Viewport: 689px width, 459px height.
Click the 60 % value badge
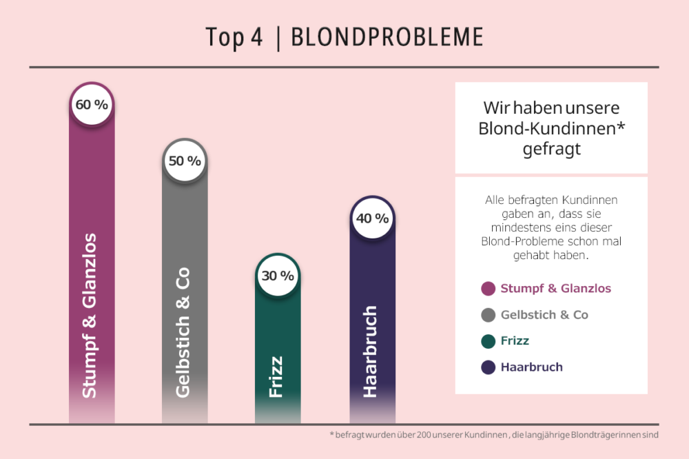pos(92,105)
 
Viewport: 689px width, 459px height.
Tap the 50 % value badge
pos(185,161)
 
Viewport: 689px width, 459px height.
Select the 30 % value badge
pos(278,276)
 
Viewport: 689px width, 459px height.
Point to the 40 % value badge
pos(372,218)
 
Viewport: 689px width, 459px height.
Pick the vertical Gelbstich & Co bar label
pos(183,331)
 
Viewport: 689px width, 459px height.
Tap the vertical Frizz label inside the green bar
pos(276,376)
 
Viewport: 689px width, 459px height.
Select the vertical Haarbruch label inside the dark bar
pos(370,351)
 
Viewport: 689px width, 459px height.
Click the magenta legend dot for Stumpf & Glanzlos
pos(489,289)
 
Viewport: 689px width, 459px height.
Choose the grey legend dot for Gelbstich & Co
pos(489,315)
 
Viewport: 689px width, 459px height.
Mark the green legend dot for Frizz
pos(489,341)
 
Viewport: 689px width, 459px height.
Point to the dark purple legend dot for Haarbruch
pos(489,367)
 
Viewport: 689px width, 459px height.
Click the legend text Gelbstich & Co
pos(544,315)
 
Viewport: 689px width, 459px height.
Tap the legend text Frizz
pos(515,341)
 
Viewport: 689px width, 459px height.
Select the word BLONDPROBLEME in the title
pos(387,39)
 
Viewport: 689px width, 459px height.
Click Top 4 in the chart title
pos(234,39)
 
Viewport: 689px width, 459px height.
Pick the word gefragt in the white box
pos(551,149)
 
